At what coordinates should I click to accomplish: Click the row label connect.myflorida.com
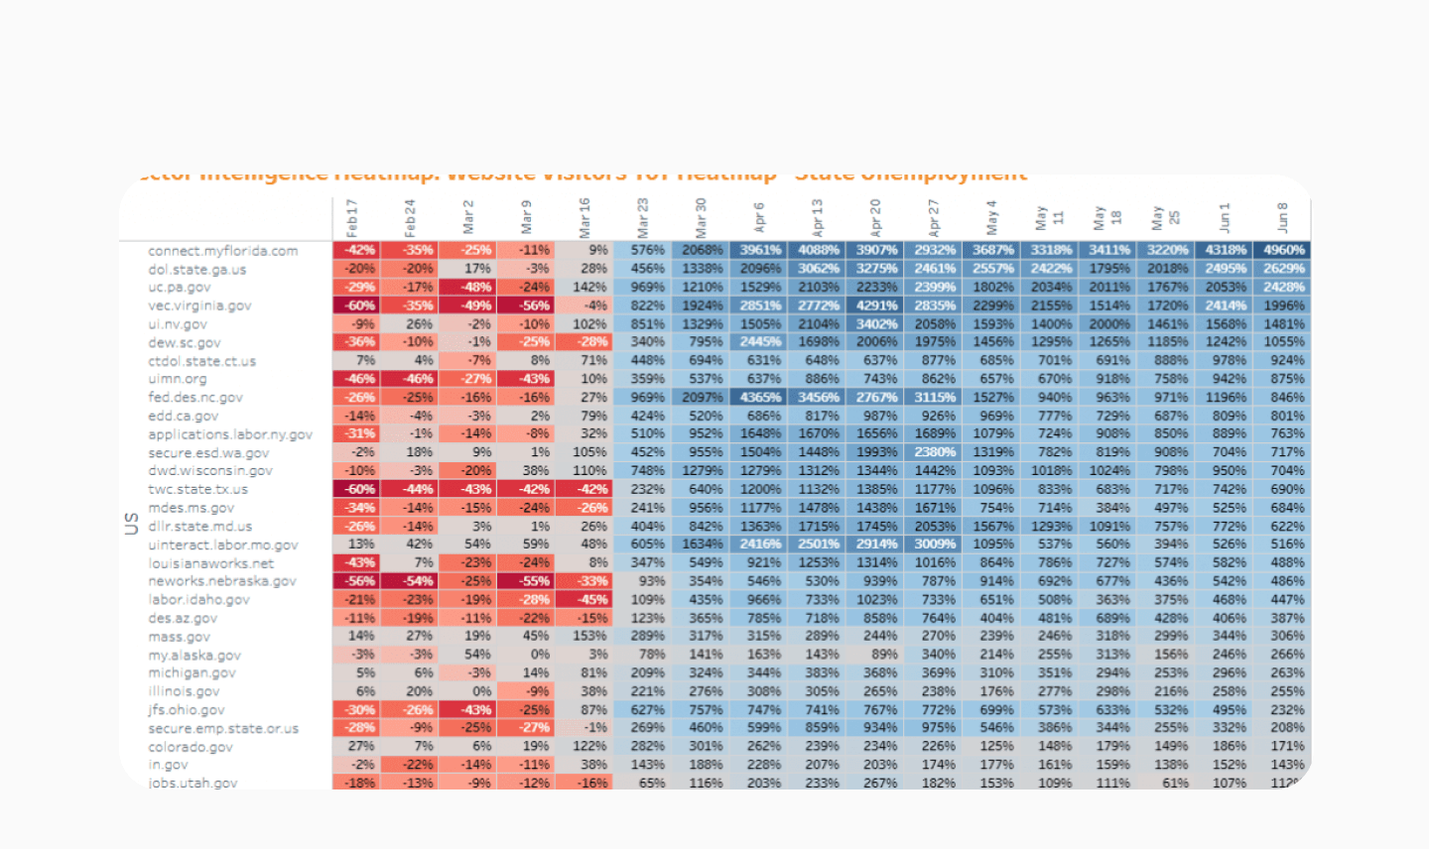223,251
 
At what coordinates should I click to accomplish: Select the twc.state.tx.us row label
198,489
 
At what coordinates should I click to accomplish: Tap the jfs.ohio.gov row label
187,710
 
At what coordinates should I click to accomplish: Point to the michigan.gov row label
192,672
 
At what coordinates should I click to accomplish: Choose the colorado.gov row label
191,747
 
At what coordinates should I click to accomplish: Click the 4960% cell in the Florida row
1282,250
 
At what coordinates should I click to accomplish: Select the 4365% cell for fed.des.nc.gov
759,397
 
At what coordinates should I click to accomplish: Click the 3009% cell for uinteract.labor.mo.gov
934,544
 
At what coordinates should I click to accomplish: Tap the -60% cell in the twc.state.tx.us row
359,489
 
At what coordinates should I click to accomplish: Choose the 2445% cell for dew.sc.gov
759,341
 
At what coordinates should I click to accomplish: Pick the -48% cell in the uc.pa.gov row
475,287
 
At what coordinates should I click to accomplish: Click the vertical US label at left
131,523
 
